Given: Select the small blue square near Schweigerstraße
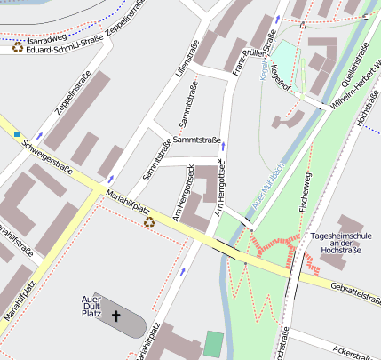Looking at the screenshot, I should pyautogui.click(x=16, y=134).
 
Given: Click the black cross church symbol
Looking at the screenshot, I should pyautogui.click(x=115, y=316).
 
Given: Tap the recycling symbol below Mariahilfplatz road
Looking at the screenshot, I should pyautogui.click(x=149, y=221).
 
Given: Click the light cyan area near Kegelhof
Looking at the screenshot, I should pyautogui.click(x=282, y=52).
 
